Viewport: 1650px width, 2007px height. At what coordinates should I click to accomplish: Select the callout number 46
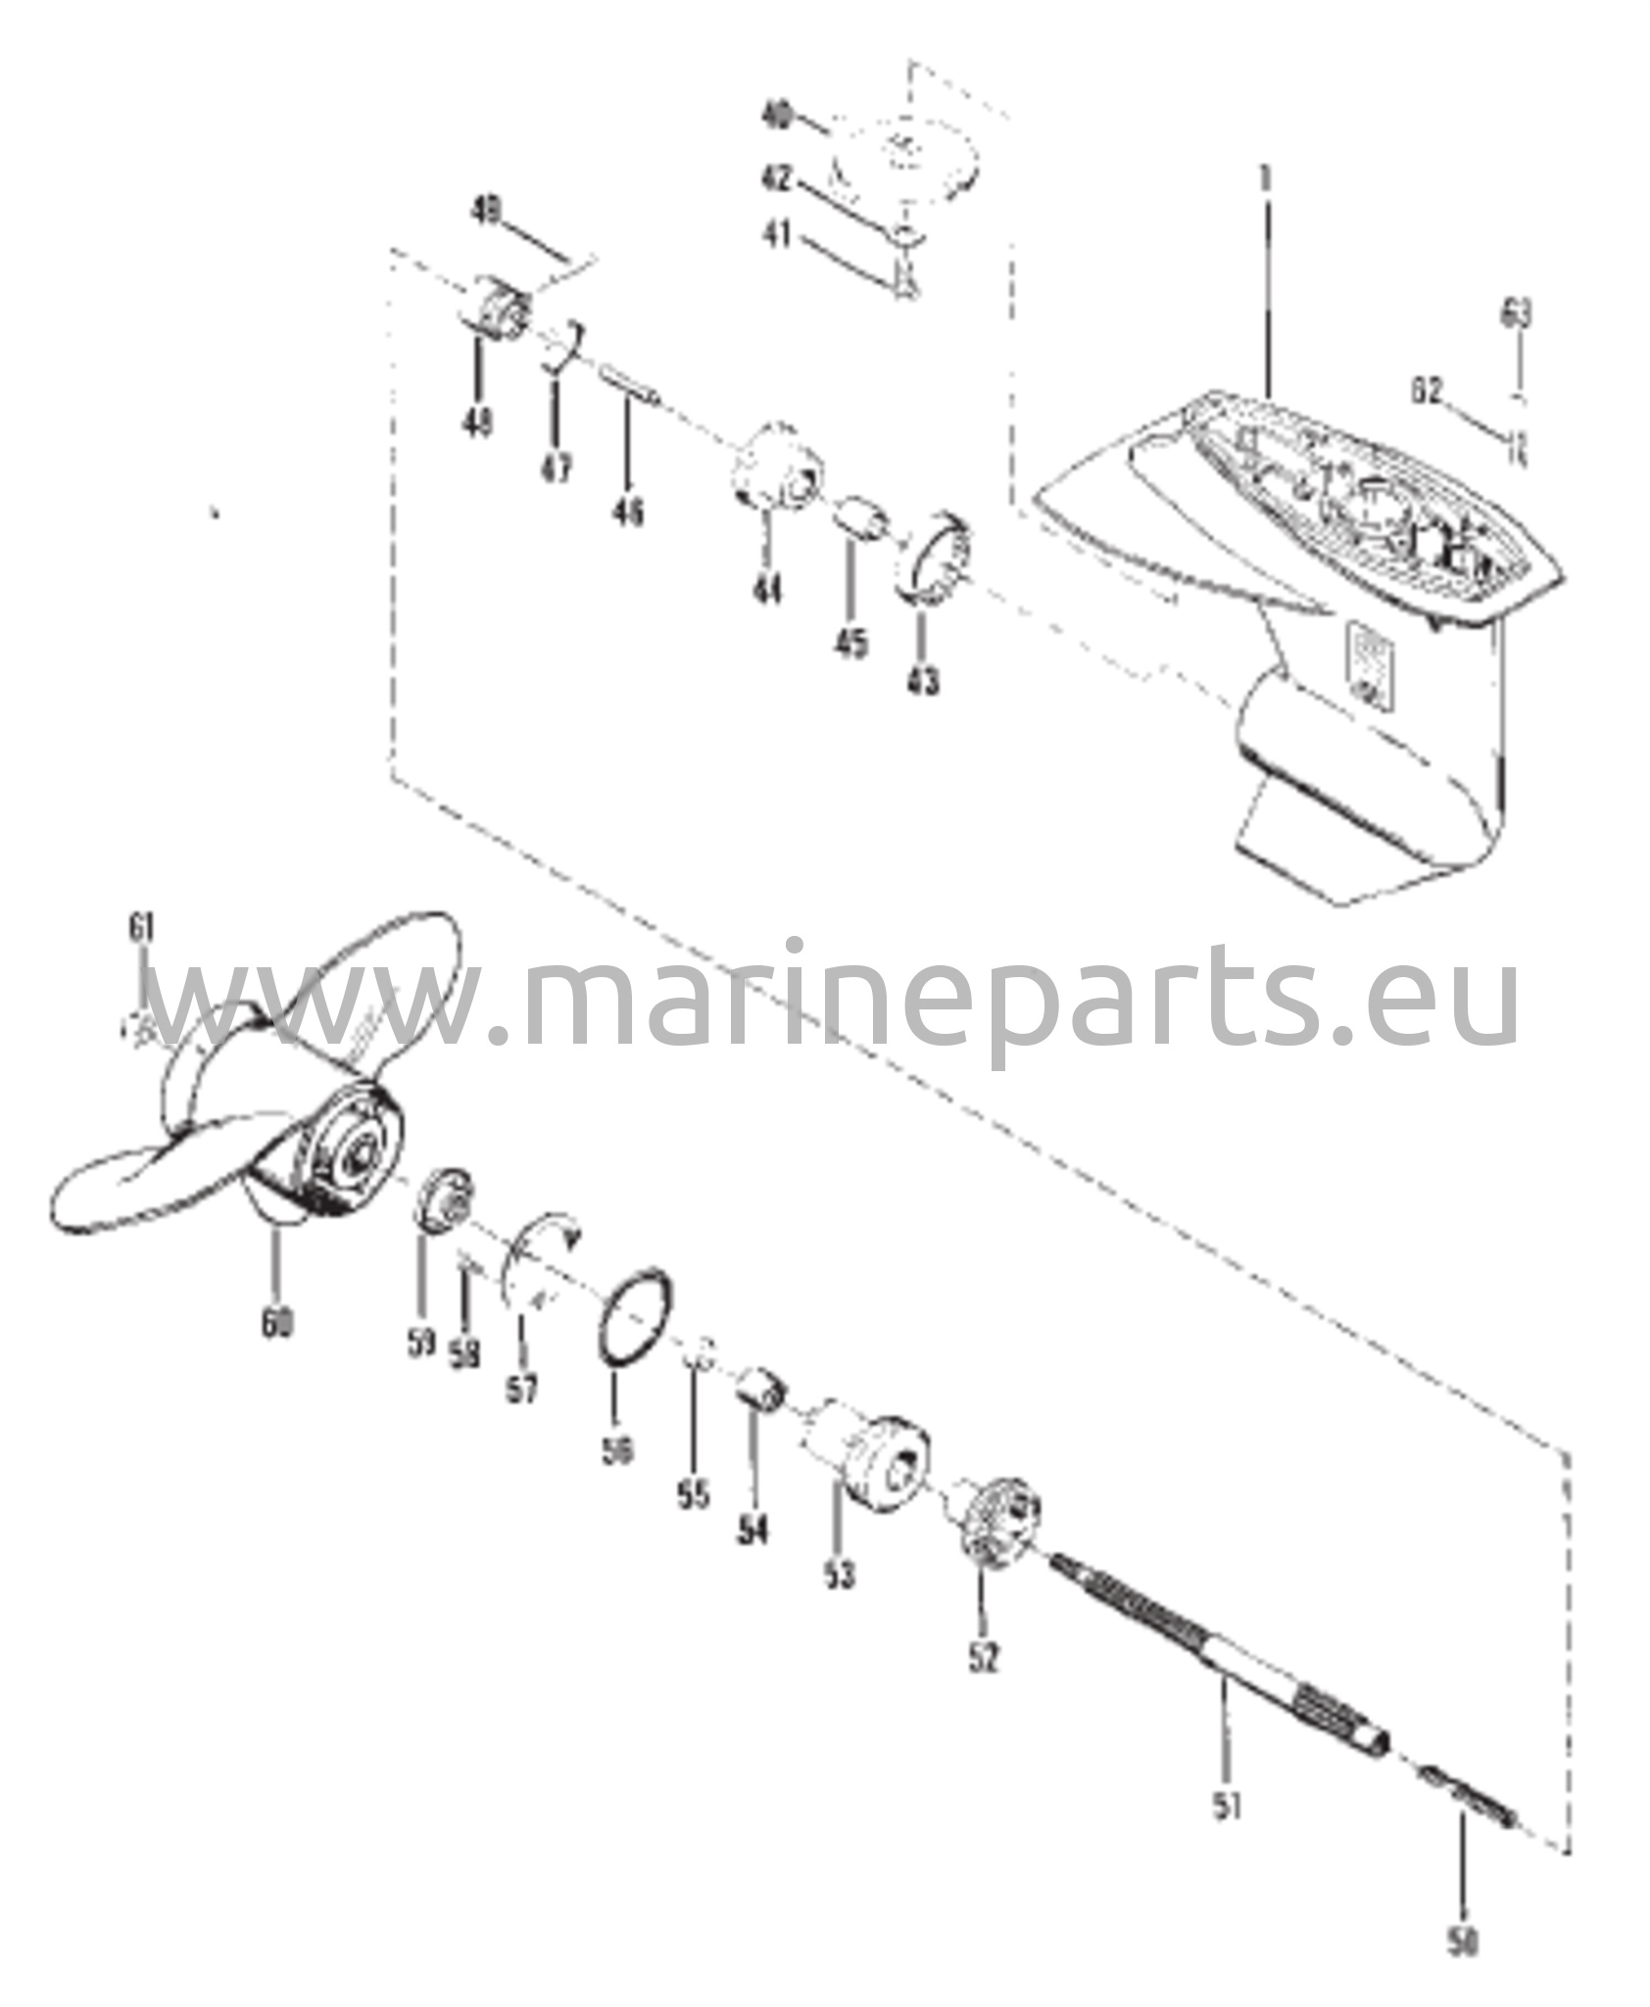(630, 511)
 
